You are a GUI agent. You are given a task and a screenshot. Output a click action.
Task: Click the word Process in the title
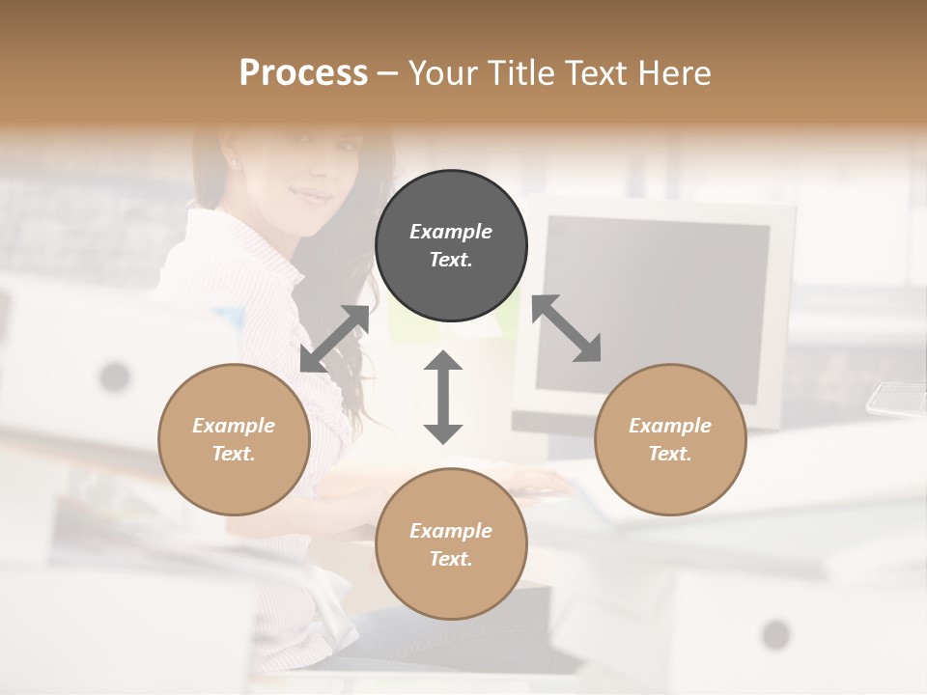[x=303, y=72]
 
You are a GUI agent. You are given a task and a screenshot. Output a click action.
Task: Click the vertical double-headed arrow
[x=443, y=397]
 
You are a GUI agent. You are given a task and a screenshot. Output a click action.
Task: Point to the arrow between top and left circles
[x=335, y=338]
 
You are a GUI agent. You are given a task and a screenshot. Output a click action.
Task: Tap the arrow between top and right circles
[x=566, y=328]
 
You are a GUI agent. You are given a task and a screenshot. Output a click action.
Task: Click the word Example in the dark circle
[x=451, y=232]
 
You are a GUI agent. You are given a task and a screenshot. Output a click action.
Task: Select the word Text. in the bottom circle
[x=451, y=559]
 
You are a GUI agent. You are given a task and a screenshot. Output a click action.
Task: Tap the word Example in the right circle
[x=670, y=426]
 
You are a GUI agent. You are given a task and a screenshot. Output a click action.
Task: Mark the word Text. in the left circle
[x=234, y=454]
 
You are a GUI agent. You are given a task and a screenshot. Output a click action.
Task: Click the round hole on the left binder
[x=115, y=375]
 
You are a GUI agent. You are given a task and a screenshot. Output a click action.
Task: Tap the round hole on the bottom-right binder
[x=775, y=634]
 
